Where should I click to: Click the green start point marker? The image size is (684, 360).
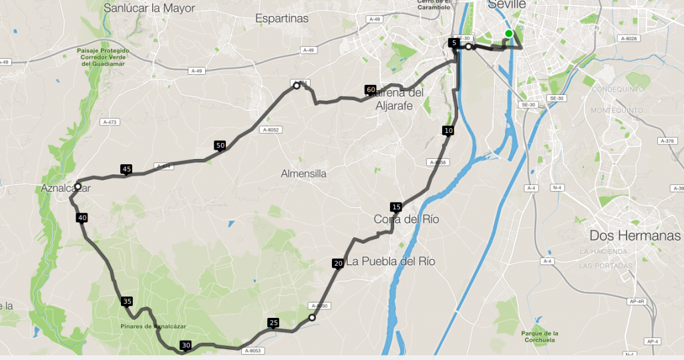509,33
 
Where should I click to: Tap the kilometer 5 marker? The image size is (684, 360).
454,43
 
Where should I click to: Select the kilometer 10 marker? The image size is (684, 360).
448,130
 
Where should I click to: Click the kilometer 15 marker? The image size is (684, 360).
396,207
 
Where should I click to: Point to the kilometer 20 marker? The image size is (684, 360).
338,263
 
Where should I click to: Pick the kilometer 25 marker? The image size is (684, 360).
273,323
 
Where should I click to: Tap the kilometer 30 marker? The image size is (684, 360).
186,345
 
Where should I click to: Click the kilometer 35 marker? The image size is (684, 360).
127,301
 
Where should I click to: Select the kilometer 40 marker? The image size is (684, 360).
82,217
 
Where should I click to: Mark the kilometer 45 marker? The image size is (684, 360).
126,169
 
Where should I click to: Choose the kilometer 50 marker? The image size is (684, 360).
220,145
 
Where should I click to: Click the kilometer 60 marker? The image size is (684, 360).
371,89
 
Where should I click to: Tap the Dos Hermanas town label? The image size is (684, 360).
635,236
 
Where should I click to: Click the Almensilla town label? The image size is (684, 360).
303,173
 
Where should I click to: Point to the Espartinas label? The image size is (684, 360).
282,19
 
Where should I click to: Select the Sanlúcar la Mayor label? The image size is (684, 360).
149,8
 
